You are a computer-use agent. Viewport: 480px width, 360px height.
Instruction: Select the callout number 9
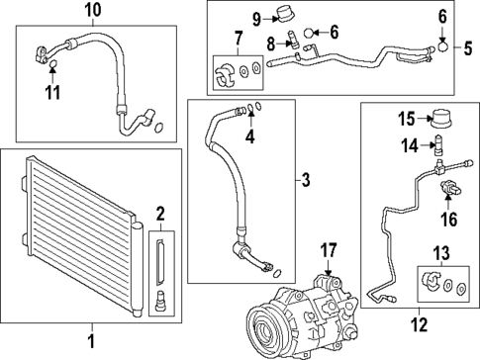255,18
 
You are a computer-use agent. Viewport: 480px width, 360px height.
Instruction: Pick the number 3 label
306,181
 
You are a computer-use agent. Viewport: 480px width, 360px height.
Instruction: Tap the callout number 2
159,213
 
